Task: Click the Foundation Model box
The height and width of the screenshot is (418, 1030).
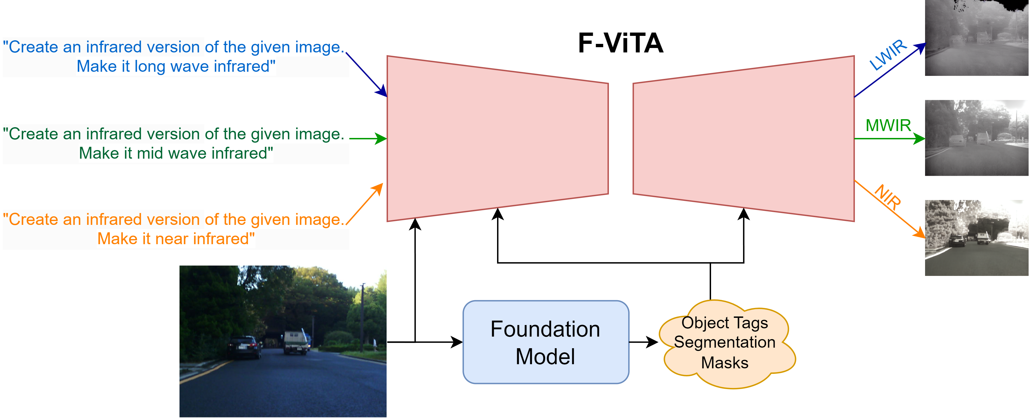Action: [x=546, y=342]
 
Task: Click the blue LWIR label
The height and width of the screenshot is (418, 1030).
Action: [x=888, y=55]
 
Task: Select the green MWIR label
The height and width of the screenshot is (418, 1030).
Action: [x=888, y=126]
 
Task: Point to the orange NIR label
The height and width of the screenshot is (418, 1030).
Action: [x=888, y=197]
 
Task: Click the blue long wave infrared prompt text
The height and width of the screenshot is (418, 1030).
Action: [x=176, y=57]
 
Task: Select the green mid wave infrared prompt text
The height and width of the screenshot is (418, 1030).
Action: [x=176, y=143]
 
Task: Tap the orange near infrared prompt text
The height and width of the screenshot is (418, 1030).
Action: [x=176, y=229]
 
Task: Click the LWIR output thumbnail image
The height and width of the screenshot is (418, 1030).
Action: [x=977, y=38]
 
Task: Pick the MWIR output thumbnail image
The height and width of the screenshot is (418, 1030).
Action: [x=977, y=138]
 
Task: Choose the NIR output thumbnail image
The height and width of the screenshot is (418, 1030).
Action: [x=977, y=238]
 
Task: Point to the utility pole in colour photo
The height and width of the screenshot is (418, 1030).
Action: [x=362, y=316]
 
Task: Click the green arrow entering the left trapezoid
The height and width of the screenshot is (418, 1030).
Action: [x=368, y=139]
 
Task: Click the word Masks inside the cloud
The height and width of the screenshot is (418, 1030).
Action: [x=725, y=363]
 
